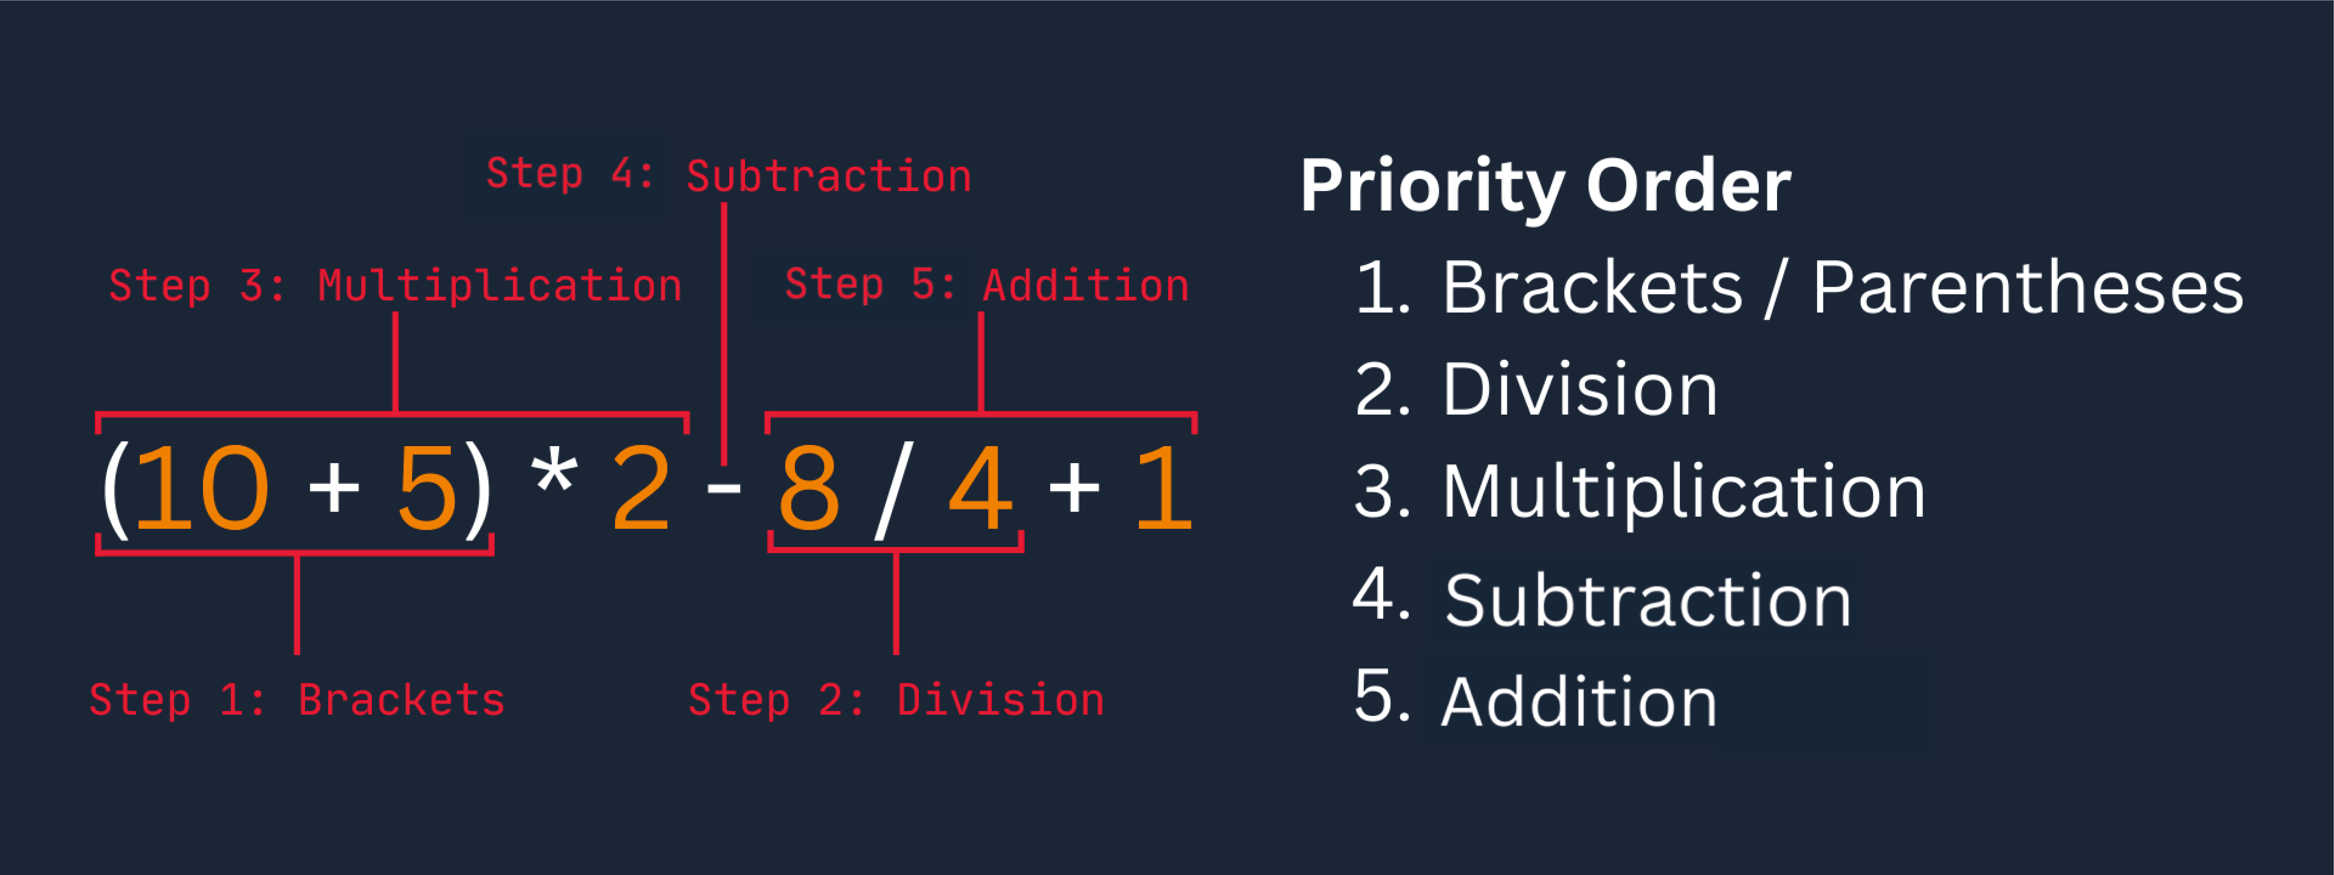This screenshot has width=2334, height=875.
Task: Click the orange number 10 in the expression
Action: (201, 489)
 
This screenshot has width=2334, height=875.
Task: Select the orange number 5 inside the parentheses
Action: (427, 489)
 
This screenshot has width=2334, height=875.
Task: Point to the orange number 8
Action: (808, 489)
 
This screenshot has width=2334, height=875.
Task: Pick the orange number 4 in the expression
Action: (980, 489)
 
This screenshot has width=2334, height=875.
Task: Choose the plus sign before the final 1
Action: (1074, 489)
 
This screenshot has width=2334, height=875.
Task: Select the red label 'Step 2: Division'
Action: (896, 700)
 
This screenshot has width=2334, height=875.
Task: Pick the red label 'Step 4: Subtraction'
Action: (728, 175)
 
